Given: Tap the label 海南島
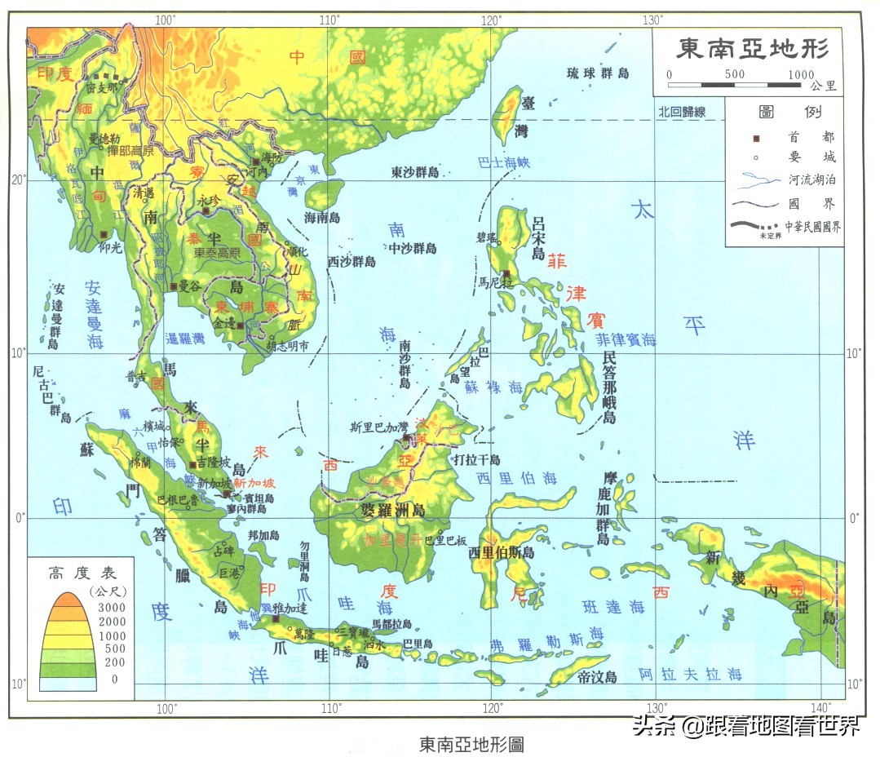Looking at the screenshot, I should pyautogui.click(x=322, y=218).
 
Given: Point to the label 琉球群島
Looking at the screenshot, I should pyautogui.click(x=598, y=73).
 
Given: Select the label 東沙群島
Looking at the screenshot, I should pyautogui.click(x=414, y=173).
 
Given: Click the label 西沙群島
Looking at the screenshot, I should pyautogui.click(x=352, y=262).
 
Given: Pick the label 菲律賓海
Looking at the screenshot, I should pyautogui.click(x=626, y=339).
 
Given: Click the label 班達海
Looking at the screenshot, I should pyautogui.click(x=613, y=607).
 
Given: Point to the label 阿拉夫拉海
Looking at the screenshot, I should pyautogui.click(x=690, y=675).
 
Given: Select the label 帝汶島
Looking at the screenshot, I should pyautogui.click(x=596, y=677).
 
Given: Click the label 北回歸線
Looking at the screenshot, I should pyautogui.click(x=681, y=112).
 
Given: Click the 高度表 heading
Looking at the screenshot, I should pyautogui.click(x=79, y=573).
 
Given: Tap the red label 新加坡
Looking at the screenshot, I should pyautogui.click(x=254, y=483).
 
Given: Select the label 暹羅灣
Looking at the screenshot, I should pyautogui.click(x=189, y=338).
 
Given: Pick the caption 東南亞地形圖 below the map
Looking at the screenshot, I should pyautogui.click(x=471, y=744).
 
